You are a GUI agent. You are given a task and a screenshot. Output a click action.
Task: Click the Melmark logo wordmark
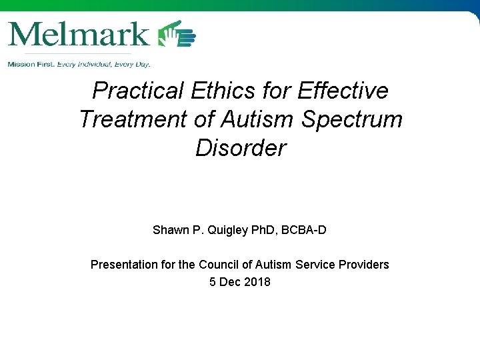pos(79,33)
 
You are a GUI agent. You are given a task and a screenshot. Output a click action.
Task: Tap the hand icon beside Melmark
pos(177,34)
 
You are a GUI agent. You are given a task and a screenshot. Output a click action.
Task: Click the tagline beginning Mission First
pos(79,64)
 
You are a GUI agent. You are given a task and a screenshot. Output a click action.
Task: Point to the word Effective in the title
pos(342,90)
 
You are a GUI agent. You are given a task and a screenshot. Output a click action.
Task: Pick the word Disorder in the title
pos(240,148)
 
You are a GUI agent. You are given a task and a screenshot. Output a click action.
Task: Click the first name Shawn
pos(170,230)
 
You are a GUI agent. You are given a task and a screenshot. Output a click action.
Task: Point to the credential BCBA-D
pos(303,230)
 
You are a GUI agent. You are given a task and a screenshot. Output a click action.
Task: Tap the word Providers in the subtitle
pos(365,265)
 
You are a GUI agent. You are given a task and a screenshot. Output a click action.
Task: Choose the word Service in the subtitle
pos(316,265)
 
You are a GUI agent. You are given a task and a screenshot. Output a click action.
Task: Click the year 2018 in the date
pos(257,282)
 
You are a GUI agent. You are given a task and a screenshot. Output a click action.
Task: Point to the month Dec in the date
pos(231,282)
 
